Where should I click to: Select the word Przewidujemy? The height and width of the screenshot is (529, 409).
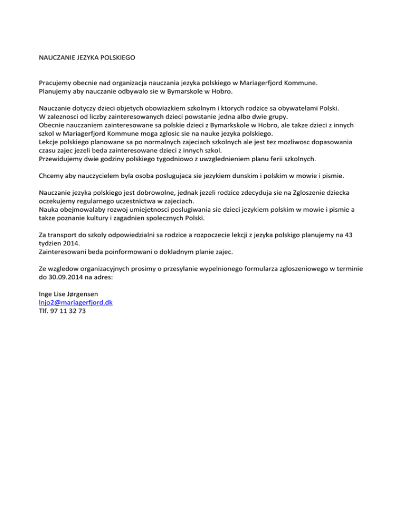pos(63,160)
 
